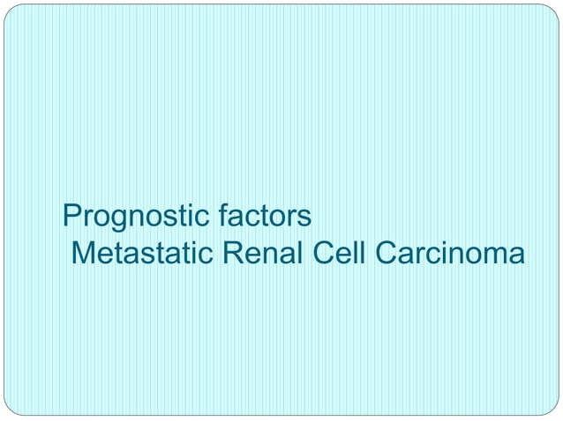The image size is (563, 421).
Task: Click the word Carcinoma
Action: point(450,253)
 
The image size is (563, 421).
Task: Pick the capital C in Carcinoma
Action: point(387,253)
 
